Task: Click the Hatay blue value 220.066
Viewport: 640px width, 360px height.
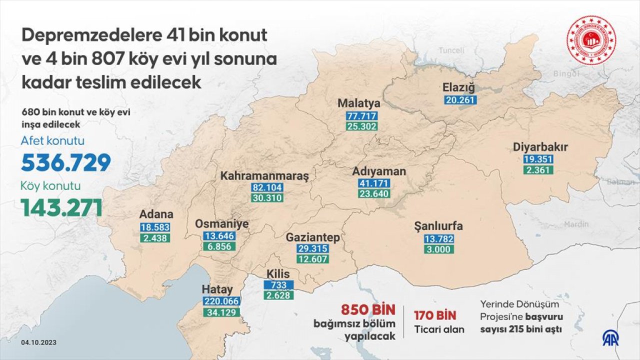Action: [221, 301]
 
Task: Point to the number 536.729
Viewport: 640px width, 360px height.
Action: [65, 163]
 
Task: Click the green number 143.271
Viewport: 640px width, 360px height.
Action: [61, 207]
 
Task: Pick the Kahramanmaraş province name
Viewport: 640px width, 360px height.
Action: [265, 176]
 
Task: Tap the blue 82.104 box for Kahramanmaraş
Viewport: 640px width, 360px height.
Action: [268, 188]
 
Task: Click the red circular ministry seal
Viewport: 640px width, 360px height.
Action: [591, 40]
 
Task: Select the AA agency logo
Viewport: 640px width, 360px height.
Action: [610, 338]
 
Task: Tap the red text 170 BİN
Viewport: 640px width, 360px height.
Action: [435, 315]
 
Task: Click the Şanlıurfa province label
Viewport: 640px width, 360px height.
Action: [438, 226]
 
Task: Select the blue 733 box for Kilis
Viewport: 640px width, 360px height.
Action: [279, 284]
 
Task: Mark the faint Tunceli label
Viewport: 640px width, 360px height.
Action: [451, 50]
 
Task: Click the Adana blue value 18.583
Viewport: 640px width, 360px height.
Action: [155, 227]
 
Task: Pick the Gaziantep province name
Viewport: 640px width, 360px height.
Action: [312, 237]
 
